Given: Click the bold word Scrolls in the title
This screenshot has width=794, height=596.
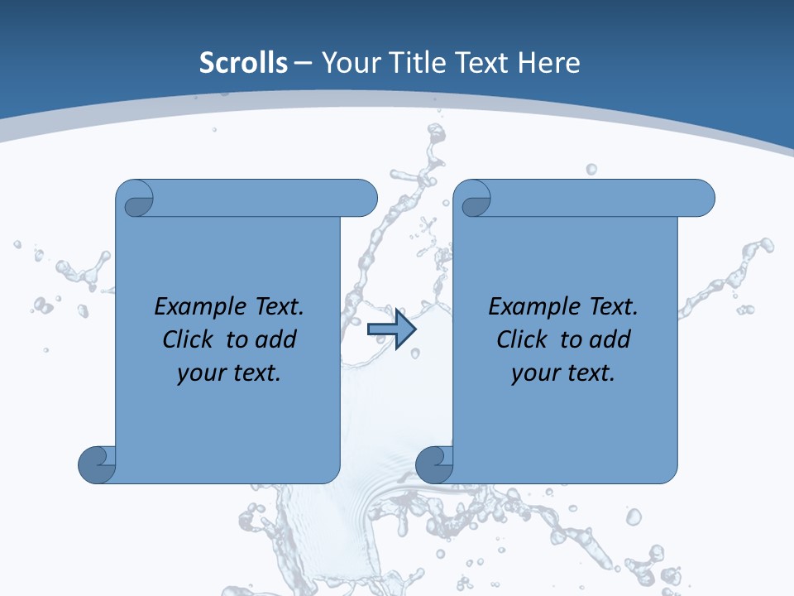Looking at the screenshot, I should pos(244,63).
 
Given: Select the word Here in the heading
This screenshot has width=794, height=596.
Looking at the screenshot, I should pos(548,63).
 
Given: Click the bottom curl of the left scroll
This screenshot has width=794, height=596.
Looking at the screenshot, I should pos(96,464).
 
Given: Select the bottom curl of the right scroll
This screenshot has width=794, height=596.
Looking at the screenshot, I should pos(433,464).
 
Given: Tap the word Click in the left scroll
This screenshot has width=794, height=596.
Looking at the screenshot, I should pos(189,339).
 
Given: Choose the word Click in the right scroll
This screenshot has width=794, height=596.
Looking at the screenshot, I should pos(522,339).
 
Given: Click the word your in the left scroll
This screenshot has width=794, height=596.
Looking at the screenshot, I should pos(201,373).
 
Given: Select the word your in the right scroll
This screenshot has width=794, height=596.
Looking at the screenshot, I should pos(535,373).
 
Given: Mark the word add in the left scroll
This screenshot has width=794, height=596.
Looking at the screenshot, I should pos(277,339).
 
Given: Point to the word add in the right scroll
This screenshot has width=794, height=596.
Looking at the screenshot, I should pos(611,339).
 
